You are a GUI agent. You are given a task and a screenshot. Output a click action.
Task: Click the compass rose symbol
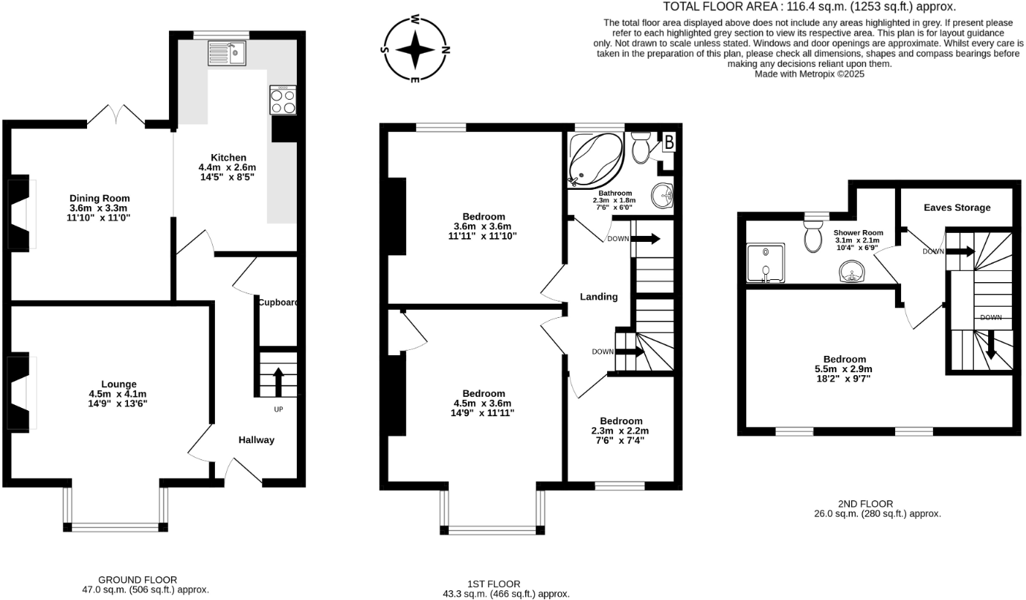415,48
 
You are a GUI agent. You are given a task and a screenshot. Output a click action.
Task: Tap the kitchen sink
227,53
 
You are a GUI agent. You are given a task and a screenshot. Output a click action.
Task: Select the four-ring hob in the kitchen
283,100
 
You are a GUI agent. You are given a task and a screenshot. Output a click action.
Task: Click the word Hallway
256,440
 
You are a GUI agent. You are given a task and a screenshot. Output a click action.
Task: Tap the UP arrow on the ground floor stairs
279,382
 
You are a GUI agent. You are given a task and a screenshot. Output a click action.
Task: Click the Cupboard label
278,302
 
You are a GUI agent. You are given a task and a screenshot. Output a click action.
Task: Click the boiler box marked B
668,142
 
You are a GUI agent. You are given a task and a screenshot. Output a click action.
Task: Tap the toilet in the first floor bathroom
640,149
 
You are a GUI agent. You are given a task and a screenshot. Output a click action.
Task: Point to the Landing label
599,296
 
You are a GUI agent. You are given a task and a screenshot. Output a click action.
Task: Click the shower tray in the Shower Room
765,264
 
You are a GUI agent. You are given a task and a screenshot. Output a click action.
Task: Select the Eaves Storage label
957,208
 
